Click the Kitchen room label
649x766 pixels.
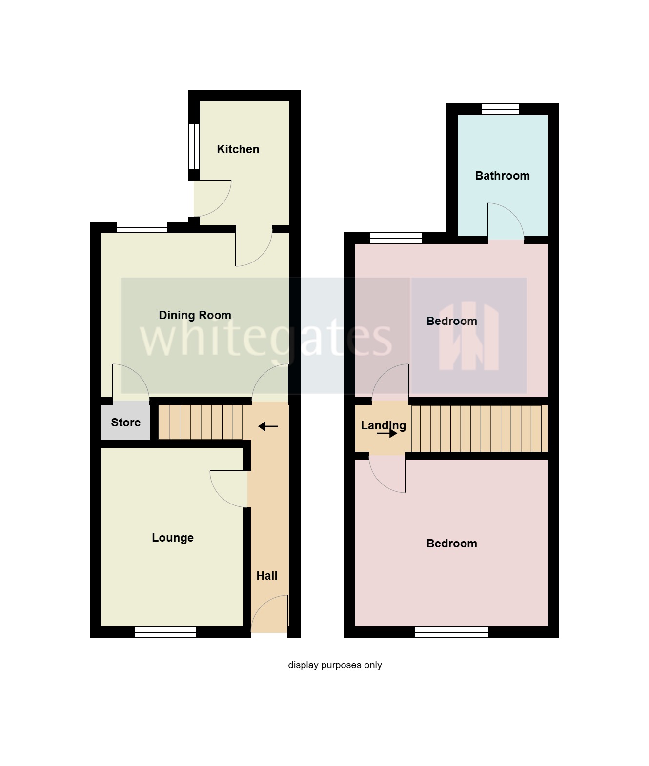[238, 149]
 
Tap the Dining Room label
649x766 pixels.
[195, 315]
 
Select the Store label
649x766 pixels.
[125, 423]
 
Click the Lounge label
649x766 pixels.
[173, 538]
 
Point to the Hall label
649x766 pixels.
[267, 576]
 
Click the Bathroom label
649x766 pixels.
[502, 176]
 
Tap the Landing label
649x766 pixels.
[383, 425]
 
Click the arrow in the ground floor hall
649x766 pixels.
[268, 427]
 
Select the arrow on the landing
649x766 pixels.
[387, 433]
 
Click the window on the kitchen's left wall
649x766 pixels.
[194, 146]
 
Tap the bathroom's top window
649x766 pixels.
[501, 109]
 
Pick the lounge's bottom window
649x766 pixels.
[165, 632]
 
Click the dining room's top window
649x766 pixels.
[142, 227]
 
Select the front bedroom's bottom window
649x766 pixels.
[451, 632]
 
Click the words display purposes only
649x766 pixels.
[335, 665]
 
